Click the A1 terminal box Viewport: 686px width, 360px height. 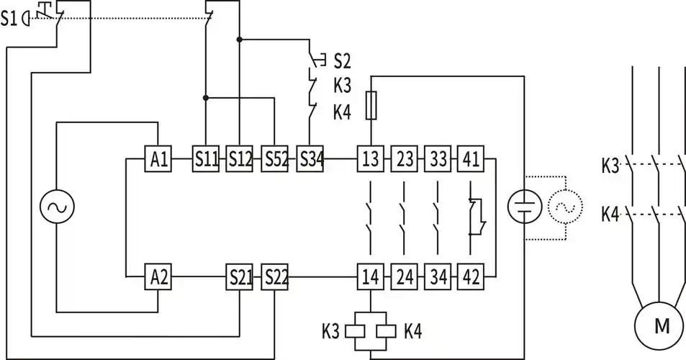coord(158,159)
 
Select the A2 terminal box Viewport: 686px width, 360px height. coord(158,276)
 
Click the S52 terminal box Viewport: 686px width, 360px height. coord(274,159)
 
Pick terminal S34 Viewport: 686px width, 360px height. coord(310,159)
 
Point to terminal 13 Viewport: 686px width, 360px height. coord(370,159)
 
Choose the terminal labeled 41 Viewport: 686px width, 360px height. coord(471,159)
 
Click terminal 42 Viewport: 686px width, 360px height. coord(471,276)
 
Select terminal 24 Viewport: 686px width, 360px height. coord(404,276)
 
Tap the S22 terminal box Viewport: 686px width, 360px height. coord(274,276)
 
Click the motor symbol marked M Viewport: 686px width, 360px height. coord(661,326)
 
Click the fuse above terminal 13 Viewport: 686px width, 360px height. coord(371,105)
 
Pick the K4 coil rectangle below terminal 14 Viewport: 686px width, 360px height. coord(385,331)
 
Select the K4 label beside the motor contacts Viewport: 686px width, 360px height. coord(610,214)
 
